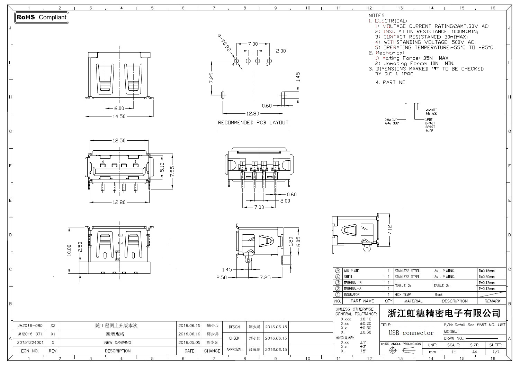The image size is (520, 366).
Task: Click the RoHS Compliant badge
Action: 42,17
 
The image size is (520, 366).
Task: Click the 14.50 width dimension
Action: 119,116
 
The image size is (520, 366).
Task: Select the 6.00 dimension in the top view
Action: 119,108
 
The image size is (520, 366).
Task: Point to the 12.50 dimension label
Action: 119,141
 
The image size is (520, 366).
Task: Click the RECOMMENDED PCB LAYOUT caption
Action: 253,123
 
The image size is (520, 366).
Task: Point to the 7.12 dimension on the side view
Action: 390,230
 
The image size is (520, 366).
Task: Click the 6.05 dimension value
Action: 298,241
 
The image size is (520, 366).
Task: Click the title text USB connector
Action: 411,333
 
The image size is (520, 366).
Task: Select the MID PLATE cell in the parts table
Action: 351,271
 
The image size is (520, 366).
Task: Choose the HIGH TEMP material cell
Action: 403,295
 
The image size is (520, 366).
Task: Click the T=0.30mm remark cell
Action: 487,277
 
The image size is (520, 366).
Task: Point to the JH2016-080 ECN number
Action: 30,326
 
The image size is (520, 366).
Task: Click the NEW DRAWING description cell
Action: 118,342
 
